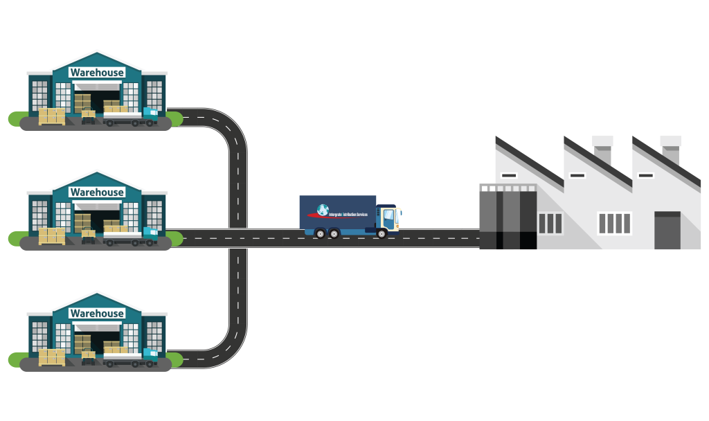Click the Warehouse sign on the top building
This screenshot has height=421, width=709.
click(x=97, y=73)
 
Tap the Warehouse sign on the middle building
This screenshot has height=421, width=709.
click(x=97, y=192)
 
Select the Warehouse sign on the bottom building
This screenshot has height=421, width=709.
click(x=97, y=314)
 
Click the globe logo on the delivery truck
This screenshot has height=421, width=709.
click(x=323, y=210)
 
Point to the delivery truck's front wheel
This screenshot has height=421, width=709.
click(x=382, y=233)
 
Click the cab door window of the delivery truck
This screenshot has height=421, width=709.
click(x=388, y=215)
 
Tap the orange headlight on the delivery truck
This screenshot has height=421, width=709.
click(x=399, y=212)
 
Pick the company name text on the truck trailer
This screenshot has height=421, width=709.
click(x=348, y=215)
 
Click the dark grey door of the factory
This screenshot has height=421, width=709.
click(x=667, y=231)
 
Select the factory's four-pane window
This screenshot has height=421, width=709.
click(x=614, y=223)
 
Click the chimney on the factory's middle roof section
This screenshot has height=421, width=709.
click(x=602, y=148)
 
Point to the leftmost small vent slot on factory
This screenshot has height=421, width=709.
click(x=509, y=176)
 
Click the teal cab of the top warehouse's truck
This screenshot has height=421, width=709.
click(x=150, y=115)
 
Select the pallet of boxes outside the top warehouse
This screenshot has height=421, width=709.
click(x=52, y=116)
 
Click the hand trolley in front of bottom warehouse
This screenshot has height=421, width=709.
click(x=89, y=357)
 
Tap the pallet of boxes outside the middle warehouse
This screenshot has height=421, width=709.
click(x=52, y=236)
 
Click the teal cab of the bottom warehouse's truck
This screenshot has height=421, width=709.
click(x=150, y=356)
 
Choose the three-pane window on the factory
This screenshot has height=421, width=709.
click(x=550, y=223)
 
